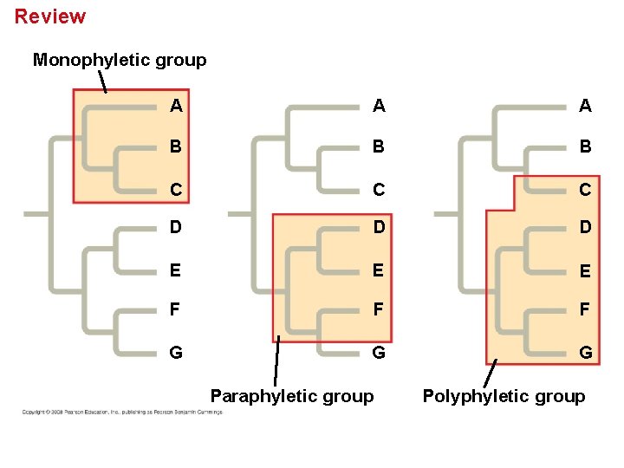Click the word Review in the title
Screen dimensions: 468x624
pos(50,16)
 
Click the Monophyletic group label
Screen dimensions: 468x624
pos(120,60)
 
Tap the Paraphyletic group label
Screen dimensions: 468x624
pos(292,396)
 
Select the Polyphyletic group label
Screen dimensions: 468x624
pos(504,396)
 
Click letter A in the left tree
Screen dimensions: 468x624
pos(176,107)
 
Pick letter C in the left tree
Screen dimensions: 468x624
pos(176,188)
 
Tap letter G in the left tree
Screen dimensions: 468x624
pos(176,353)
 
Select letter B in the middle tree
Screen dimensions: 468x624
pos(380,147)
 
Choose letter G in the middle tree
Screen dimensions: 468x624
pos(380,353)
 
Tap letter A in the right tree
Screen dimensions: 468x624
pos(586,107)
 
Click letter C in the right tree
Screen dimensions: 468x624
pos(586,189)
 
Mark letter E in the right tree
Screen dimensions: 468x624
pos(586,271)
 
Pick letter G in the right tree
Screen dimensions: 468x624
pos(586,353)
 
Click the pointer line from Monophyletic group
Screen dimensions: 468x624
pos(102,81)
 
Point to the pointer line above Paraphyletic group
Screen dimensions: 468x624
pos(276,361)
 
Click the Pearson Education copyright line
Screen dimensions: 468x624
pos(122,412)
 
